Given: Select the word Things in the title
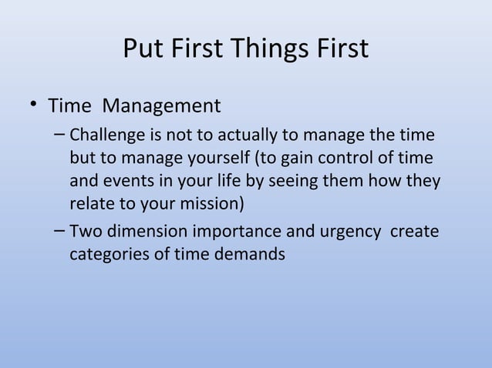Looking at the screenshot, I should [266, 49].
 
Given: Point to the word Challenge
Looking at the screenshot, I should [104, 137].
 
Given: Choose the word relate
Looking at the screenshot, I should [90, 205].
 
